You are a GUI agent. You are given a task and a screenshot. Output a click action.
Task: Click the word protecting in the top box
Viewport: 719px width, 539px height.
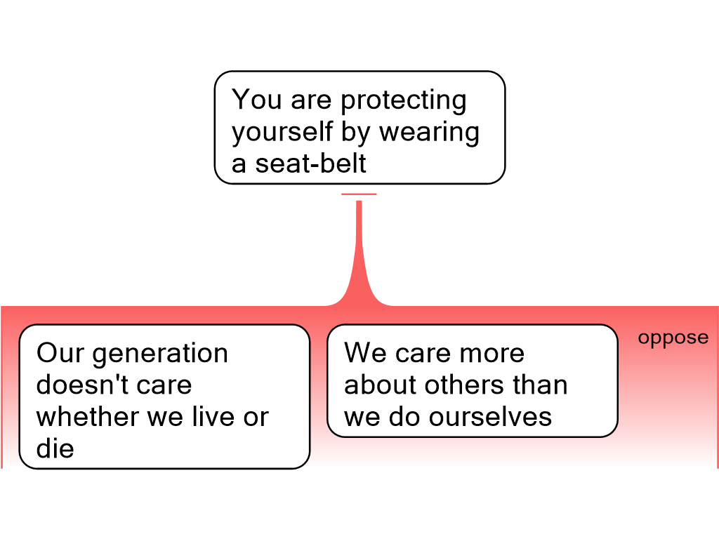pos(404,100)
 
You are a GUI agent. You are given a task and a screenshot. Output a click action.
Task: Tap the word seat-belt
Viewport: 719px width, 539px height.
pos(310,163)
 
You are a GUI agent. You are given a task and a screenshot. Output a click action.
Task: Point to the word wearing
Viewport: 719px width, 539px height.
pos(429,133)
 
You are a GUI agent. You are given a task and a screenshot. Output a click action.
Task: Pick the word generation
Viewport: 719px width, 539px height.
pos(160,354)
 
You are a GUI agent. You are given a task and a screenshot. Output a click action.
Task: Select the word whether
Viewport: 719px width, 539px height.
pos(88,417)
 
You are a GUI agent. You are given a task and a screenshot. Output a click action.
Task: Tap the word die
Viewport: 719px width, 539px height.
pos(55,448)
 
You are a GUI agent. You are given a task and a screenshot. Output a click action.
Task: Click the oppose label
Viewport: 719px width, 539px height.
pos(673,338)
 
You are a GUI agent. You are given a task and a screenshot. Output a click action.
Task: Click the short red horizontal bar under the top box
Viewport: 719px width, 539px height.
pos(359,194)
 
